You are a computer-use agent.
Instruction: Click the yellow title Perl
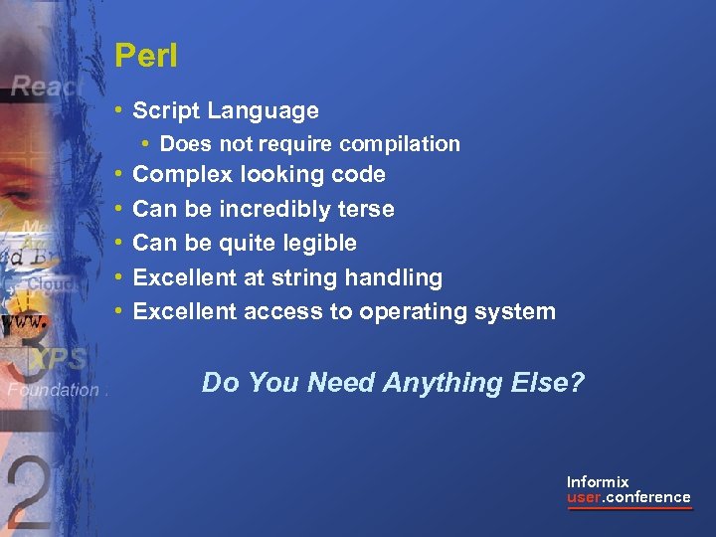click(145, 56)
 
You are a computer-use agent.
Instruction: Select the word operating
click(415, 312)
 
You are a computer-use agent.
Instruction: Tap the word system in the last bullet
click(516, 312)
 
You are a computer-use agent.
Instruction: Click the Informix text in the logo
click(598, 481)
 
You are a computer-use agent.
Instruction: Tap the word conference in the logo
click(647, 497)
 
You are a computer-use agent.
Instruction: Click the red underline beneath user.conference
click(628, 508)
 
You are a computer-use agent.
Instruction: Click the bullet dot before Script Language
click(119, 111)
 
